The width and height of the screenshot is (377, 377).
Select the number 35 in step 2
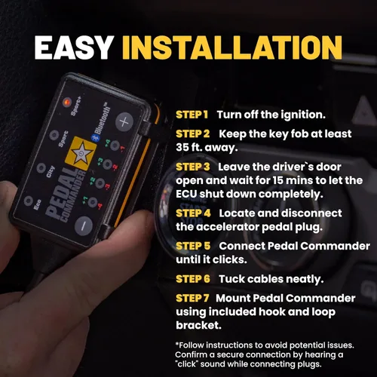tap(184, 147)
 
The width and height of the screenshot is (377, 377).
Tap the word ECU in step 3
tap(188, 193)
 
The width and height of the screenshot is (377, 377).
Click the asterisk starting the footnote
tap(177, 345)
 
